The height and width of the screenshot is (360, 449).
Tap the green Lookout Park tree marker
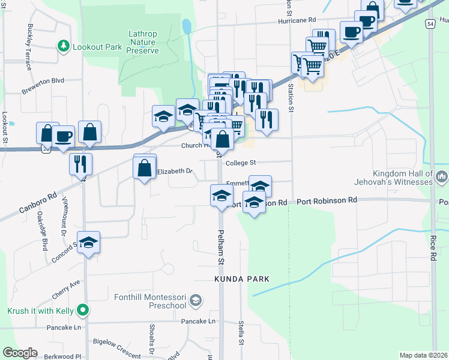tap(62, 46)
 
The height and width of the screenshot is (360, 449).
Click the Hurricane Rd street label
tap(297, 20)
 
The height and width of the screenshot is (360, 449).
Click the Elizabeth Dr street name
tap(175, 172)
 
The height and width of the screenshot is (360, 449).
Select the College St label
tap(241, 163)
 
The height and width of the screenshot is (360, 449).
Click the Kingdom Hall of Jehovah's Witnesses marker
tap(442, 176)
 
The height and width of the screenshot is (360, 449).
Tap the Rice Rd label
tap(432, 248)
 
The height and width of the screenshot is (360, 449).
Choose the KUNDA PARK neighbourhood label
tap(242, 279)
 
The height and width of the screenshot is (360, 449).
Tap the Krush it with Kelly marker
tap(83, 310)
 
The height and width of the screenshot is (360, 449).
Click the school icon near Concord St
tap(89, 242)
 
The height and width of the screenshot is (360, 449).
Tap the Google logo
tap(20, 353)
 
